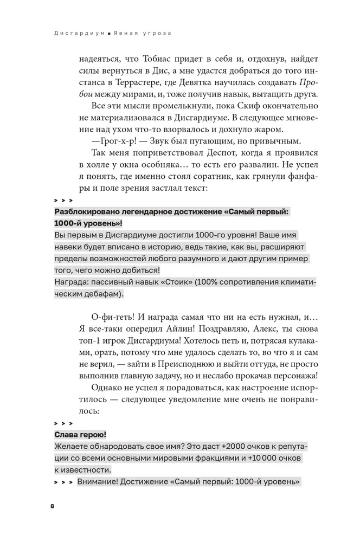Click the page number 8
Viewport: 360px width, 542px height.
tap(52, 506)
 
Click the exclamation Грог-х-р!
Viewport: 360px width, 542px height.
tap(111, 143)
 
